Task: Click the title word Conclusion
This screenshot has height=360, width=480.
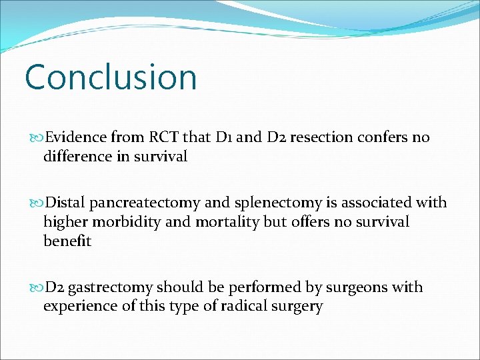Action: pos(111,77)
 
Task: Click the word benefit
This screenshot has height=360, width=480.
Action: pos(67,241)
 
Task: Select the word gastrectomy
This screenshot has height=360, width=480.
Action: pos(110,287)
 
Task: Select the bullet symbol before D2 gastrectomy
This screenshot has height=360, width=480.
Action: pos(37,288)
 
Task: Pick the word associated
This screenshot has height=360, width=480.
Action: pos(377,203)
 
